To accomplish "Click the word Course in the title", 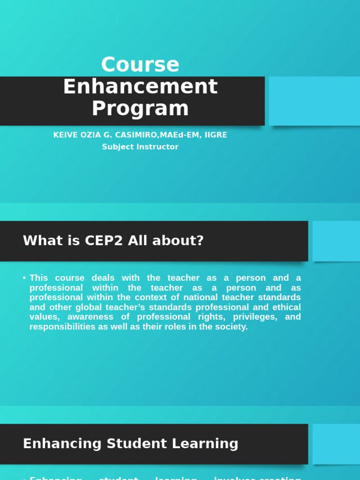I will point(140,65).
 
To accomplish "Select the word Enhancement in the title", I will point(140,87).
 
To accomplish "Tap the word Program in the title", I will point(140,108).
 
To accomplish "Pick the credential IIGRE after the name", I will point(216,135).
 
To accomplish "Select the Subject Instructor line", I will point(140,147).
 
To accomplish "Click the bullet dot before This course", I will point(24,278).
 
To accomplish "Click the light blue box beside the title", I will point(314,101).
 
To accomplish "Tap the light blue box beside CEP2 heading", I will point(336,241).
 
